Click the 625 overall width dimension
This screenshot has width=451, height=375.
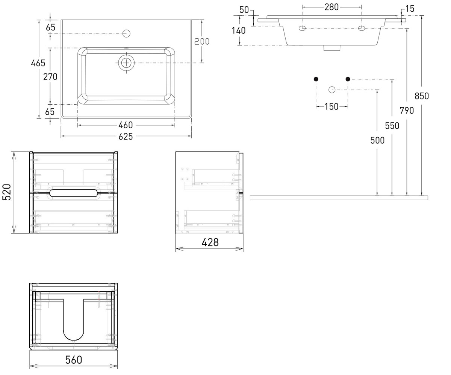tap(126, 136)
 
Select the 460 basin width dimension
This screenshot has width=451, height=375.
tap(126, 125)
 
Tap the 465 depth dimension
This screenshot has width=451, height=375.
tap(38, 63)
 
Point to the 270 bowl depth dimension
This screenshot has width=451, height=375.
tap(50, 77)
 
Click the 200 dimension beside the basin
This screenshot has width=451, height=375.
tap(202, 41)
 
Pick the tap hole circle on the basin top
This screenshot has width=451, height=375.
tap(126, 34)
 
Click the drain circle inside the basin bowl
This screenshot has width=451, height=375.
tap(126, 63)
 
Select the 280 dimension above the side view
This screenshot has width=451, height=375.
tap(331, 7)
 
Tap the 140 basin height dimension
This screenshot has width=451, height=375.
tap(239, 31)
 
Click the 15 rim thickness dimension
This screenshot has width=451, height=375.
tap(410, 9)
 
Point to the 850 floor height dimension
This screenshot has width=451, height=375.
tap(422, 96)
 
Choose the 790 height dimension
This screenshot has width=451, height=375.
tap(407, 111)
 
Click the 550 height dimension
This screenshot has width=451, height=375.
tap(392, 126)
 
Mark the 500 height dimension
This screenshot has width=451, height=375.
tap(377, 141)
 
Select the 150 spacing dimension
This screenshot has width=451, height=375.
tap(331, 106)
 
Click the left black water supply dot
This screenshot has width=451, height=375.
tap(316, 79)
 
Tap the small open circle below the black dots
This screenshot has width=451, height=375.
tap(332, 90)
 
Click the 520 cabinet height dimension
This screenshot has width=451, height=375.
tap(7, 192)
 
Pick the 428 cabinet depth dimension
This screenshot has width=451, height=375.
tap(210, 243)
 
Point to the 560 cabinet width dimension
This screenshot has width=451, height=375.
tap(74, 360)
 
